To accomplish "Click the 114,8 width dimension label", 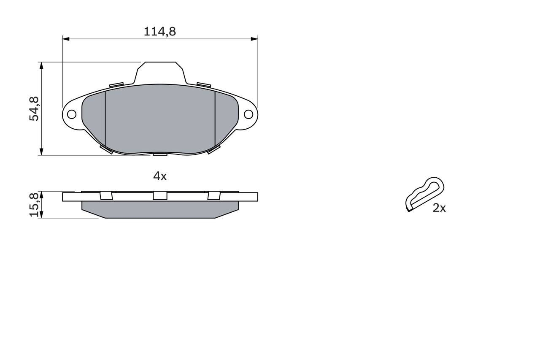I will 159,31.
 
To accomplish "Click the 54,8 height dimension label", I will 34,109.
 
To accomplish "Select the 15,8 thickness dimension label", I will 34,205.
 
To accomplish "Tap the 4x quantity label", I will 160,176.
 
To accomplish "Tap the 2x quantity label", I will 439,208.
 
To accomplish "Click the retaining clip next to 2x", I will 424,194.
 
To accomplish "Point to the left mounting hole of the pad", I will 72,114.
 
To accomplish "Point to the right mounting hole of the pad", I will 248,114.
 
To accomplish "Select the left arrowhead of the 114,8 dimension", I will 65,39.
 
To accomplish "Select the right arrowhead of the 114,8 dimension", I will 254,39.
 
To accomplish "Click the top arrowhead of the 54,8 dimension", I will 41,65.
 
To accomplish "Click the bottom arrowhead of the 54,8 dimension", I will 41,152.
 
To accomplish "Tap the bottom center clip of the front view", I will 160,154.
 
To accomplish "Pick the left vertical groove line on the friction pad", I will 105,118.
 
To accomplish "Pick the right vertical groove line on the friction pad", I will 215,118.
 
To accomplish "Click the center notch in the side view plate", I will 160,195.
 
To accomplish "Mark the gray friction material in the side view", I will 160,209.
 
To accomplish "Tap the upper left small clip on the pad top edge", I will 116,85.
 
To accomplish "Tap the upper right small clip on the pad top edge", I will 204,85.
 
